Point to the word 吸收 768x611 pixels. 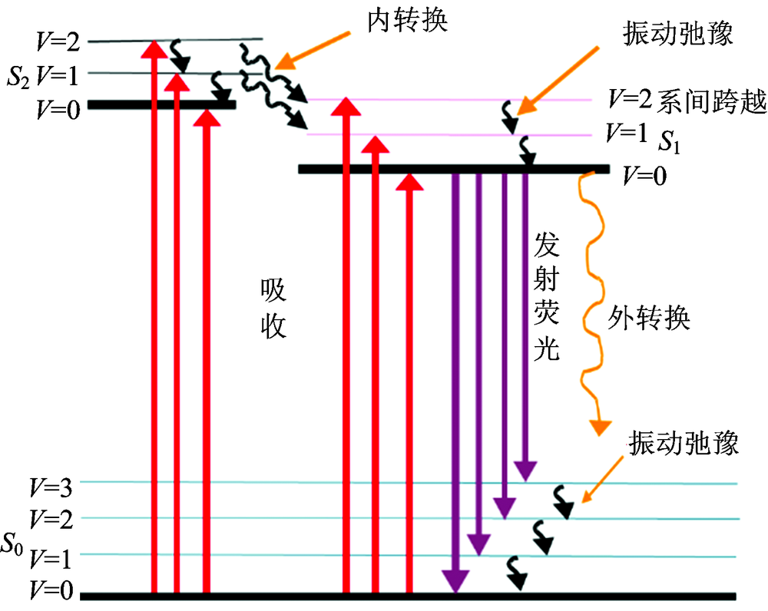(272, 309)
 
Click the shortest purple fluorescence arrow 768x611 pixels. (525, 322)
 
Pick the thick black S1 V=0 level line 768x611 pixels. (453, 169)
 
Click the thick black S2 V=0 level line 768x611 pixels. (161, 104)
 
